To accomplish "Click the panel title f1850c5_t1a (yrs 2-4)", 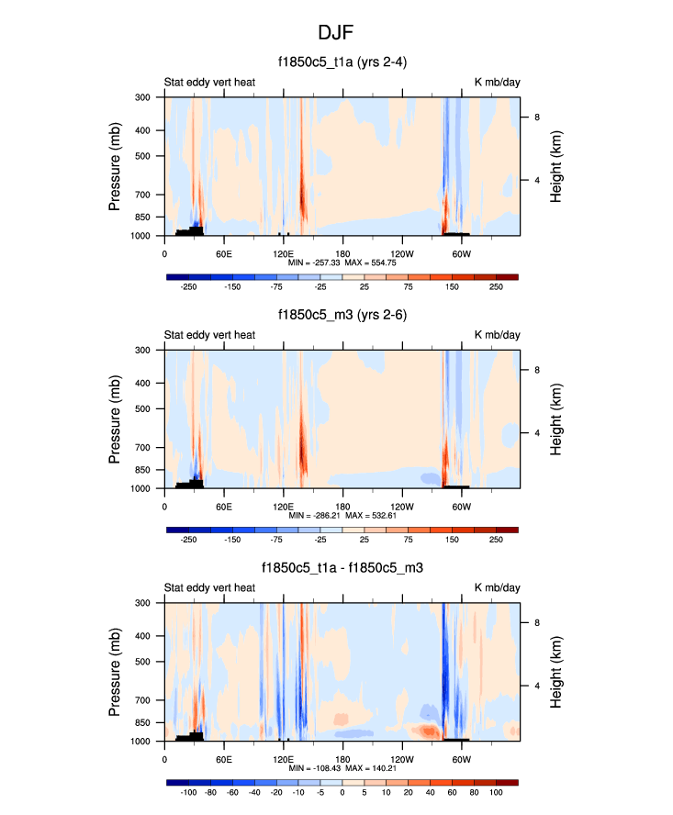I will tap(342, 62).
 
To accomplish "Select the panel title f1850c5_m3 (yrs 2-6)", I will tap(342, 315).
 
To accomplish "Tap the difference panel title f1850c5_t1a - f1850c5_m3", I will tap(342, 568).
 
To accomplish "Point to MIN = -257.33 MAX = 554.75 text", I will tap(342, 262).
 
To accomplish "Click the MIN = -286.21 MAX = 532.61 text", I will tap(342, 516).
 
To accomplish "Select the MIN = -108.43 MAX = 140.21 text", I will tap(342, 769).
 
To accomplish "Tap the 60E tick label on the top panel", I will tap(223, 252).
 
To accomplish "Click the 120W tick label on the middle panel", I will tap(401, 506).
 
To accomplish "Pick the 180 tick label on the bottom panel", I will tap(342, 759).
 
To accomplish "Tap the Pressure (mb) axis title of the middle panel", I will tap(115, 419).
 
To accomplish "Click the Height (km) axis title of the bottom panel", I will tap(556, 672).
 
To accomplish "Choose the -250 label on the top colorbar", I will tap(189, 287).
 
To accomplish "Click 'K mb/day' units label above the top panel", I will tap(497, 83).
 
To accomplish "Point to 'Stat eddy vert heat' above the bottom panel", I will tap(209, 588).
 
